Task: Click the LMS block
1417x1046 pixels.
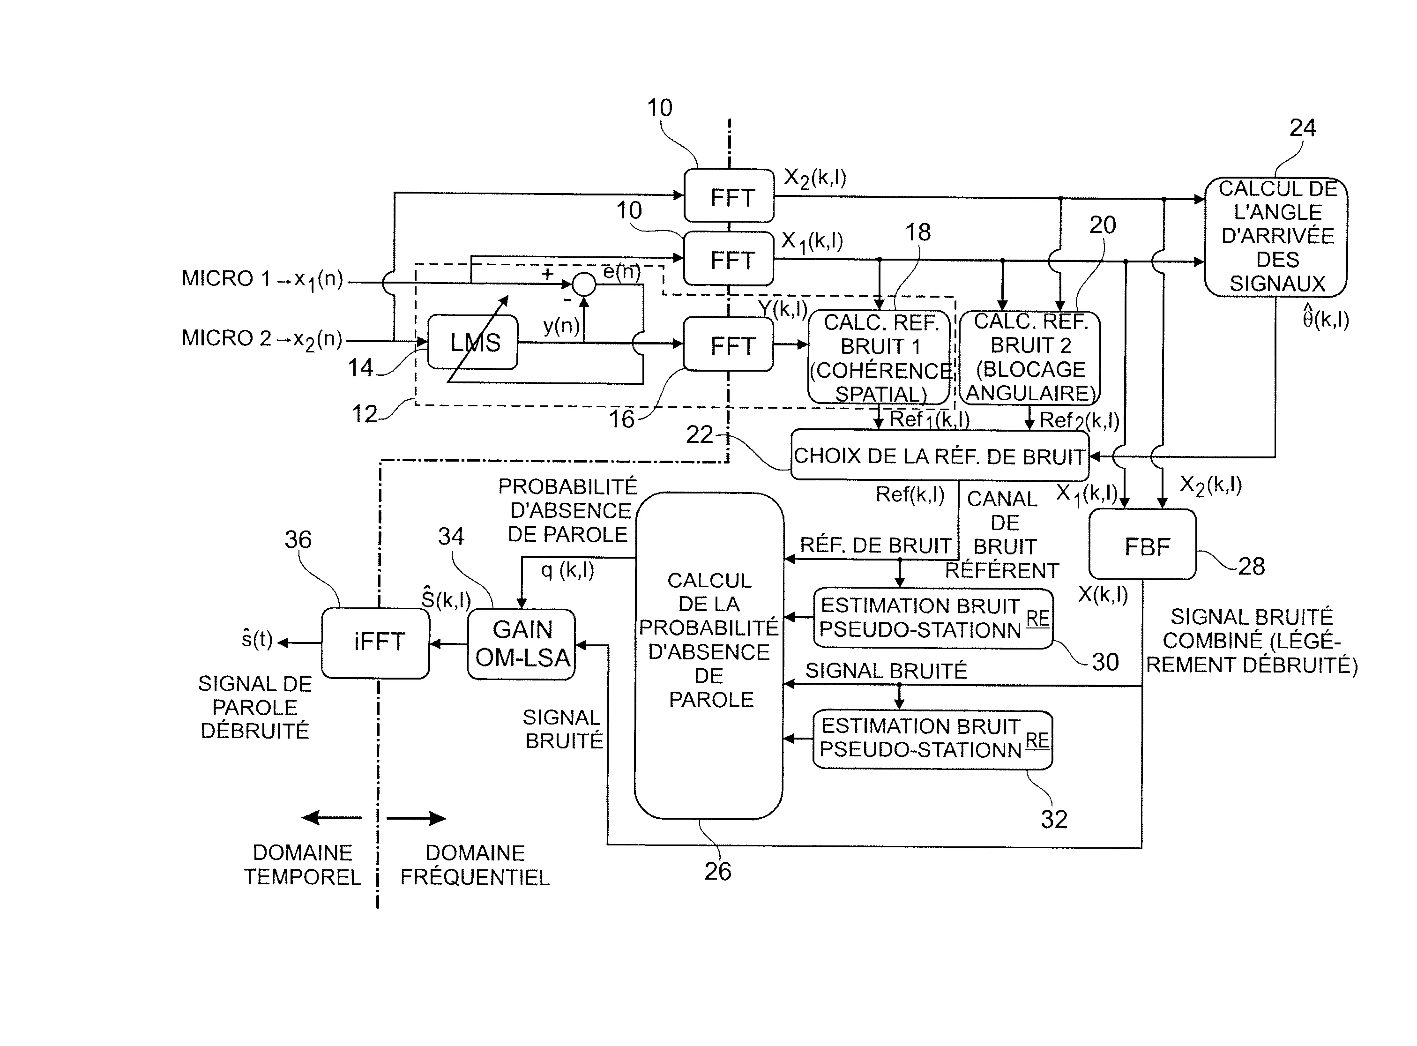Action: (x=473, y=343)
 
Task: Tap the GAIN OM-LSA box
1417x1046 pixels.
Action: (x=521, y=644)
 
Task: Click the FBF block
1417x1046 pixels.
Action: (x=1142, y=545)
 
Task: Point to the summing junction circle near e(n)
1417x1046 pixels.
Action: (x=584, y=285)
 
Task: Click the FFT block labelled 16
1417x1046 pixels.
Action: (x=728, y=344)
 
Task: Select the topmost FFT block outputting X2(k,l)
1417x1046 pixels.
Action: (x=728, y=196)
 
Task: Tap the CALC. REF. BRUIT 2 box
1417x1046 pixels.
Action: (x=1030, y=358)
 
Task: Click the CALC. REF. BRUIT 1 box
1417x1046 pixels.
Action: (x=880, y=358)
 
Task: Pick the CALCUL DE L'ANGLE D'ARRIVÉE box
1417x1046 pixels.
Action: (x=1276, y=237)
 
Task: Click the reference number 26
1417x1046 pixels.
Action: (x=717, y=872)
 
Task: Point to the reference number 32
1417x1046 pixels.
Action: (x=1053, y=819)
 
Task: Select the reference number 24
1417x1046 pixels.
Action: (x=1302, y=128)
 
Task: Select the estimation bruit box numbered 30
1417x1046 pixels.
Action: (x=932, y=619)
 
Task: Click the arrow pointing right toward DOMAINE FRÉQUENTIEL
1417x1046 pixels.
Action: (x=417, y=818)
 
